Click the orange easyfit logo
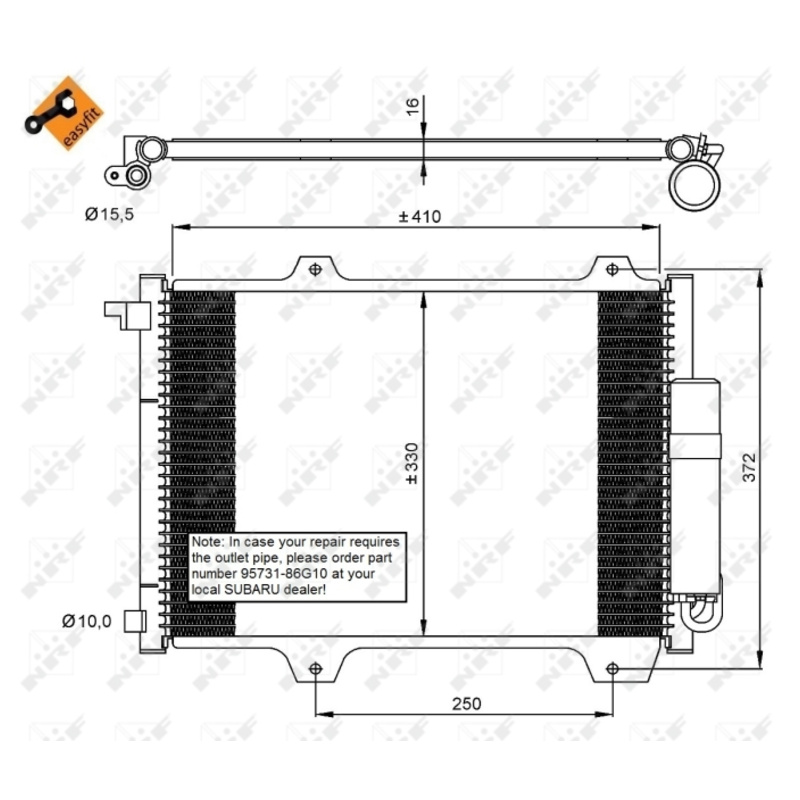(x=64, y=113)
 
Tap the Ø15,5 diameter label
(x=109, y=214)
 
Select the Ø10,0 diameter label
(x=87, y=621)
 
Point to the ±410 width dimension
(x=419, y=217)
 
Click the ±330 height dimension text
(x=412, y=463)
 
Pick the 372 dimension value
(x=749, y=467)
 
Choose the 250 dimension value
(x=466, y=704)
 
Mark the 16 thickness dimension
(x=412, y=106)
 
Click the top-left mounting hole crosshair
(x=315, y=269)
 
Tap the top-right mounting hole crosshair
(x=612, y=269)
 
